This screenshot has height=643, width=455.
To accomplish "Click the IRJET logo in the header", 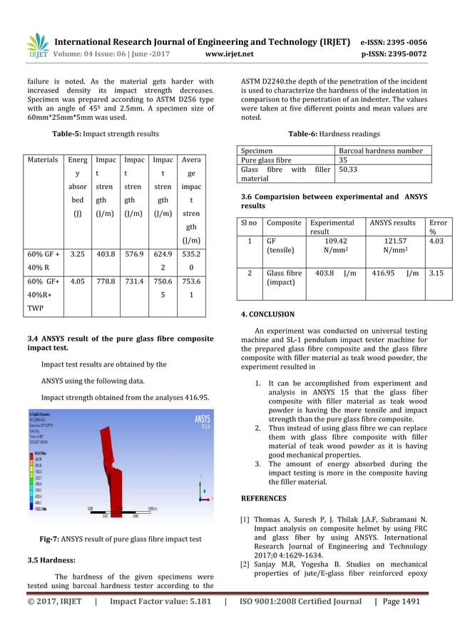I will (x=36, y=46).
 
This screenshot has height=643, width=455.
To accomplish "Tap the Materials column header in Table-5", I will (x=42, y=160).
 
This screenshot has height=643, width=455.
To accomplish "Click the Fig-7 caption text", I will (x=120, y=540).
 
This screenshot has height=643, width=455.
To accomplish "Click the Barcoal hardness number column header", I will (x=384, y=150).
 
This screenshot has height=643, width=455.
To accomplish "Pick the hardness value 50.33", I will (x=348, y=170).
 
